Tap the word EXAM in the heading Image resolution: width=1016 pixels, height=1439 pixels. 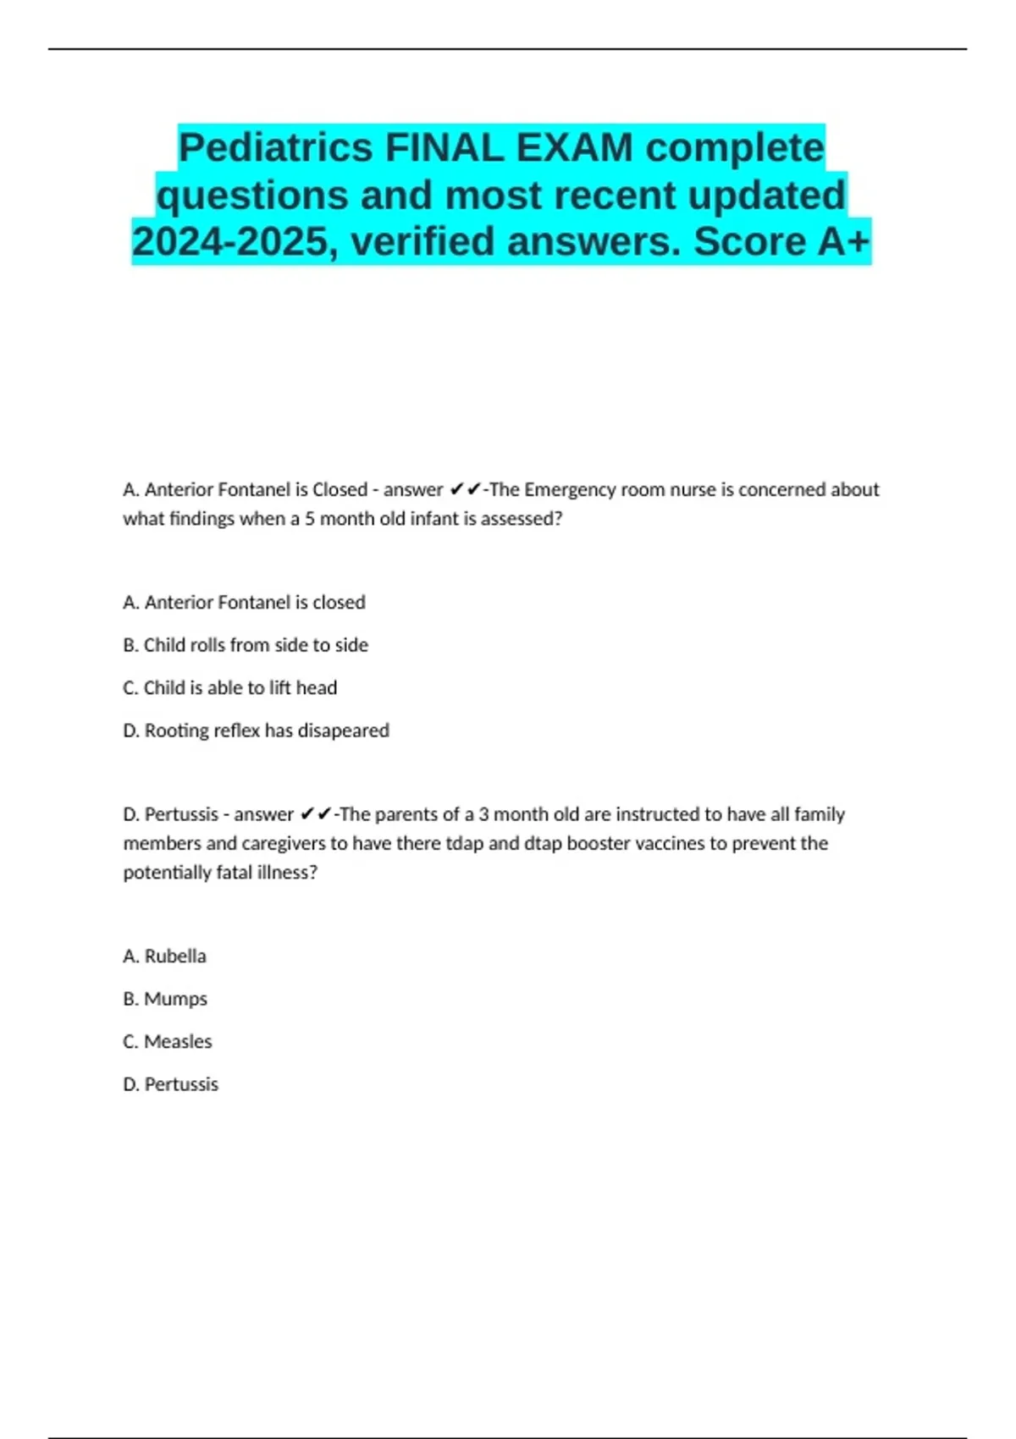tap(575, 148)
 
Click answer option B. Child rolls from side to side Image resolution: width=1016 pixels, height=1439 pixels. tap(246, 645)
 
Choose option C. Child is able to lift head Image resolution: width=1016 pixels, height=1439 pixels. tap(229, 687)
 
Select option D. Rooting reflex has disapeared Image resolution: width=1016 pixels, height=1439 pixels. tap(256, 730)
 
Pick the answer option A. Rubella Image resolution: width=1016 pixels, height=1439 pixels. tap(164, 956)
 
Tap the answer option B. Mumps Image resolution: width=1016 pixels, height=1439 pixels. tap(165, 999)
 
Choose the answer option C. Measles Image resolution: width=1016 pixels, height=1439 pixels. tap(168, 1041)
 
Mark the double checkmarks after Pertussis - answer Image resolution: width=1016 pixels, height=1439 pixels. tap(315, 814)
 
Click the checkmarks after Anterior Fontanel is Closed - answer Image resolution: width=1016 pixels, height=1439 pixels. tap(465, 490)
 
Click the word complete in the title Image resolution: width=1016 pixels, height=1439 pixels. tap(735, 148)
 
